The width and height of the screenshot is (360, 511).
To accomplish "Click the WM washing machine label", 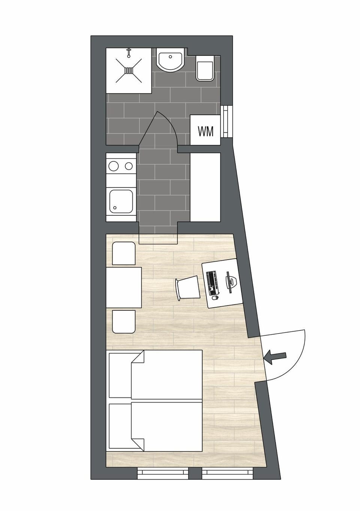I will tap(205, 131).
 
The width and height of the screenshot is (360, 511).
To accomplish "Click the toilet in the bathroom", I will tap(205, 69).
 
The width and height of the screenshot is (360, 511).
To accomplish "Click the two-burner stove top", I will tap(121, 165).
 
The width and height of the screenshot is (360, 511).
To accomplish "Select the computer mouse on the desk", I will tap(215, 298).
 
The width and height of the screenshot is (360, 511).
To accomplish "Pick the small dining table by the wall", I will tap(124, 287).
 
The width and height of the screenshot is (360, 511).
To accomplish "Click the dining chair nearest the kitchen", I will tap(124, 253).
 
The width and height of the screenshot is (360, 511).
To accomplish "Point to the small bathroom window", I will tap(226, 121).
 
